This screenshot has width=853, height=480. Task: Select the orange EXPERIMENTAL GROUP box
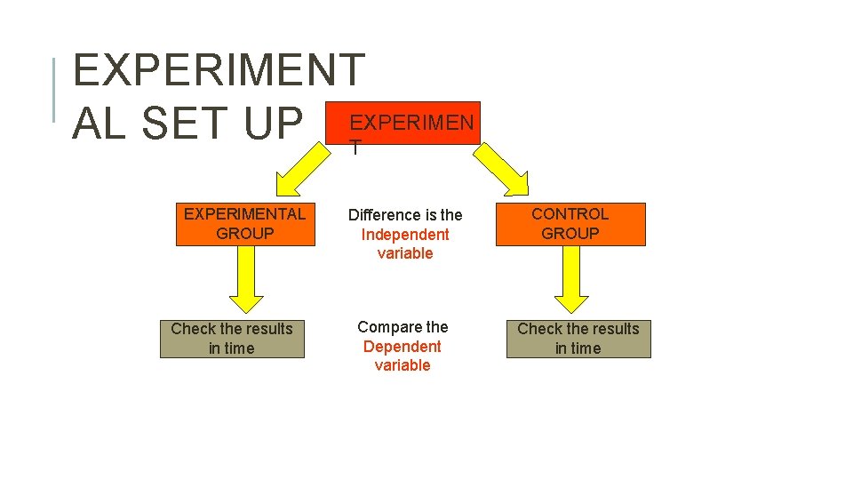245,224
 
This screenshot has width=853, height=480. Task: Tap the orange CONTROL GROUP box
570,224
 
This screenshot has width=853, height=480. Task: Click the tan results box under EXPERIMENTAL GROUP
232,339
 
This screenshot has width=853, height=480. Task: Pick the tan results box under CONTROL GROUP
578,339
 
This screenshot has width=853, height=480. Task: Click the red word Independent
405,235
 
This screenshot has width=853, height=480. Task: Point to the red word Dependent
402,347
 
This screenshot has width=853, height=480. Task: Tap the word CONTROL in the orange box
570,214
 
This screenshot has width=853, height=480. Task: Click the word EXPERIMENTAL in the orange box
245,214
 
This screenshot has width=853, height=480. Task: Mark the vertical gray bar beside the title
55,89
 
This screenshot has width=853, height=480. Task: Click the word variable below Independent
405,253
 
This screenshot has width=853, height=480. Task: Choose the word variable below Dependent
402,365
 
